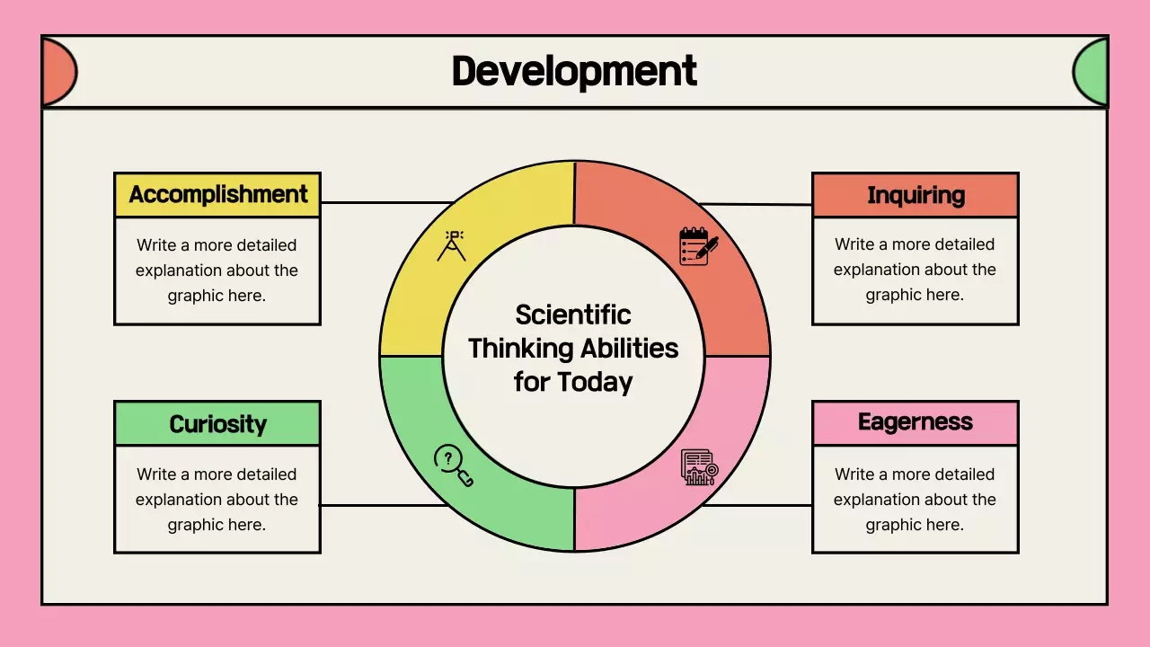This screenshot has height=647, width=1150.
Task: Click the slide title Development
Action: click(x=574, y=72)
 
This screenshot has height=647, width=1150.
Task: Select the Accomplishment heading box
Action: click(x=217, y=195)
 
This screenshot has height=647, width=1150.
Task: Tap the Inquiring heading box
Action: click(x=915, y=196)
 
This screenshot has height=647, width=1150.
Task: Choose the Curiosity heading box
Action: click(x=217, y=423)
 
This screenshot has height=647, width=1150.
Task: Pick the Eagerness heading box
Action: click(x=915, y=422)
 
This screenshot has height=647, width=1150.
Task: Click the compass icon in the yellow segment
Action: click(x=452, y=245)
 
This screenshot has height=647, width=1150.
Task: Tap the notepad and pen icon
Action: click(x=698, y=245)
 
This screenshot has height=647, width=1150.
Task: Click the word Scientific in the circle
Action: click(x=573, y=315)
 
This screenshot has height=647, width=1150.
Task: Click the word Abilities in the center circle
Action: click(x=628, y=348)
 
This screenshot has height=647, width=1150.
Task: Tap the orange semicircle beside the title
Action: click(x=58, y=72)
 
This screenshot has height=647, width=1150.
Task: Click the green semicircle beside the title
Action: click(x=1091, y=72)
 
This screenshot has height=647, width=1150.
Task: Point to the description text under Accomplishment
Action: click(x=217, y=270)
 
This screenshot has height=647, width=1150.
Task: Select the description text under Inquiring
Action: click(x=915, y=270)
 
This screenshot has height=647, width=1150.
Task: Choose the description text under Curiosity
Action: click(x=217, y=499)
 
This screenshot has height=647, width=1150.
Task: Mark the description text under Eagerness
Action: click(x=915, y=499)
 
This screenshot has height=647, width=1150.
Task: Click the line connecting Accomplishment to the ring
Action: click(x=386, y=203)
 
